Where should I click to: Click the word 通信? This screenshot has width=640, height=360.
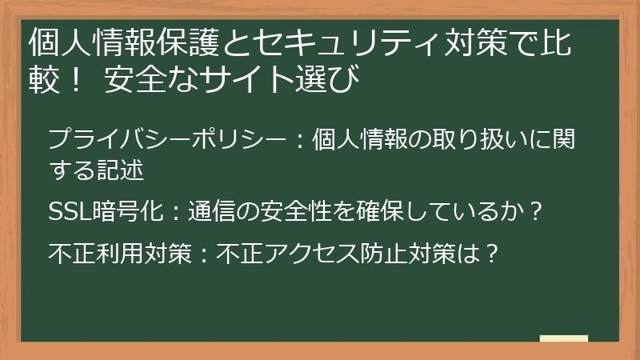tap(210, 212)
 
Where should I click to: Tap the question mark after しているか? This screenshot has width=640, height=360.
tap(537, 212)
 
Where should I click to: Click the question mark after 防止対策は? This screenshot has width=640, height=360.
tap(493, 254)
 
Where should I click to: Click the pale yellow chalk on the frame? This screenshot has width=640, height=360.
tap(563, 339)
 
